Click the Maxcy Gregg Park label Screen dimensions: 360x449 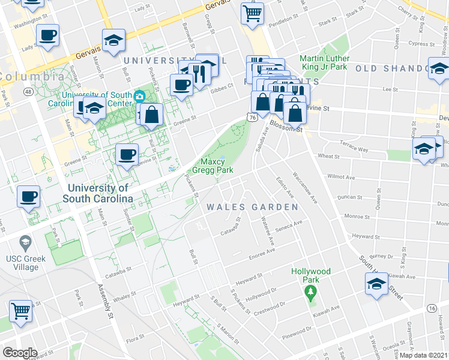[x=216, y=166]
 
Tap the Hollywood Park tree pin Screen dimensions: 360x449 [x=310, y=293]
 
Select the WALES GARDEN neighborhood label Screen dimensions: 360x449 [x=252, y=207]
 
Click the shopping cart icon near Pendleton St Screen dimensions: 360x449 [x=253, y=13]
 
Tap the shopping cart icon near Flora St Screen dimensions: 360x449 [x=20, y=312]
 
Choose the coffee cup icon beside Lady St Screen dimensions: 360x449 [x=47, y=35]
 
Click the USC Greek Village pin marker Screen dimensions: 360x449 [x=25, y=243]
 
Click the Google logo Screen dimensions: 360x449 [x=20, y=353]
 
